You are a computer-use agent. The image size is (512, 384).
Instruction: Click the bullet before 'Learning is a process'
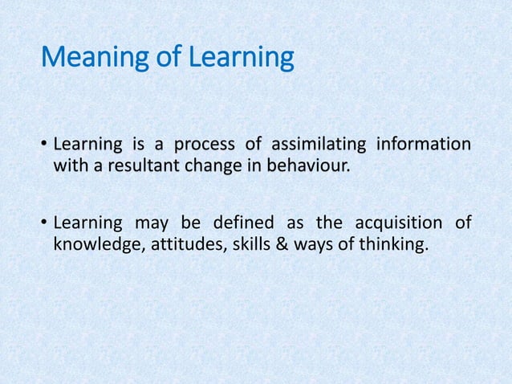[44, 145]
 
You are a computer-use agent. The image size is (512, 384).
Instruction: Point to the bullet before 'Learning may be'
[44, 223]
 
